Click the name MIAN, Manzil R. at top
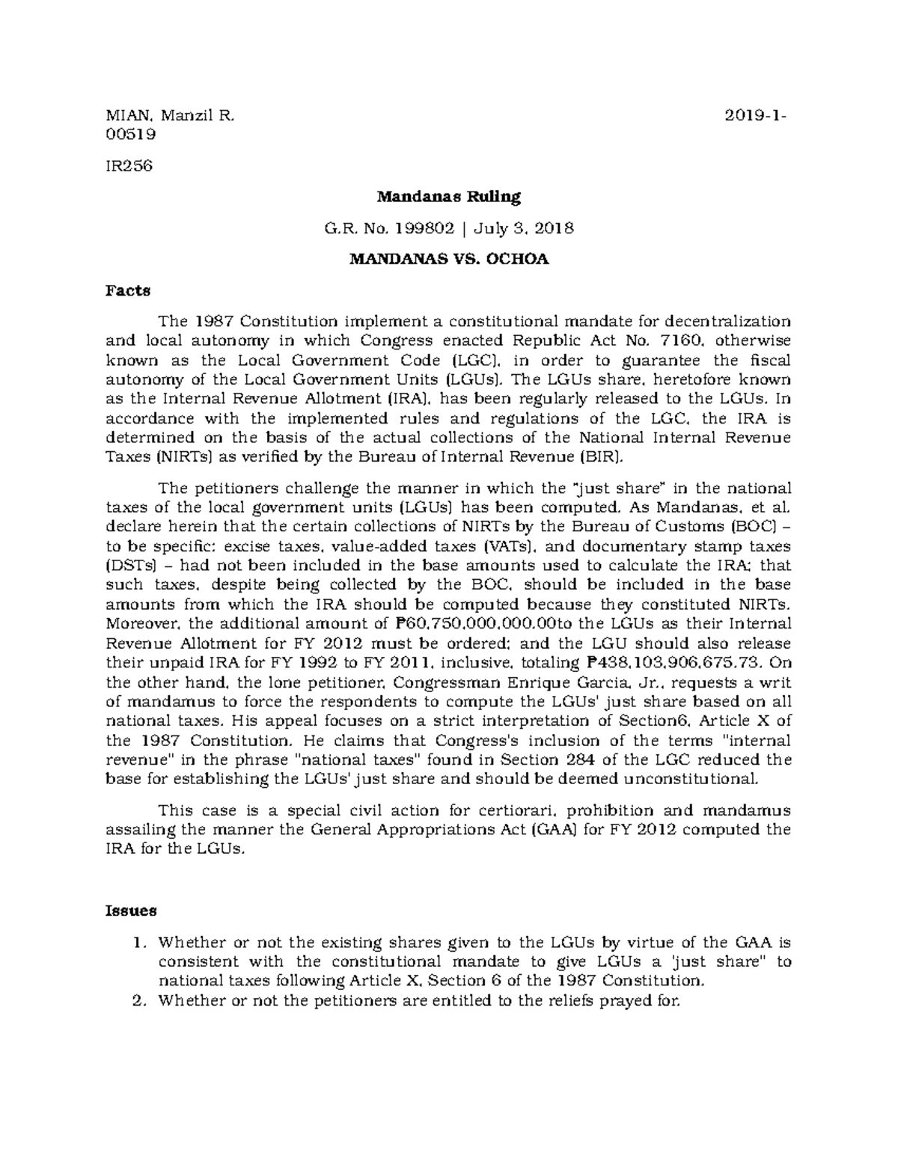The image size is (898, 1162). [x=171, y=116]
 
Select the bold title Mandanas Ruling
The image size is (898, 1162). [x=448, y=198]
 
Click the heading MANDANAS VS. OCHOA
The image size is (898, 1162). [x=448, y=260]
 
